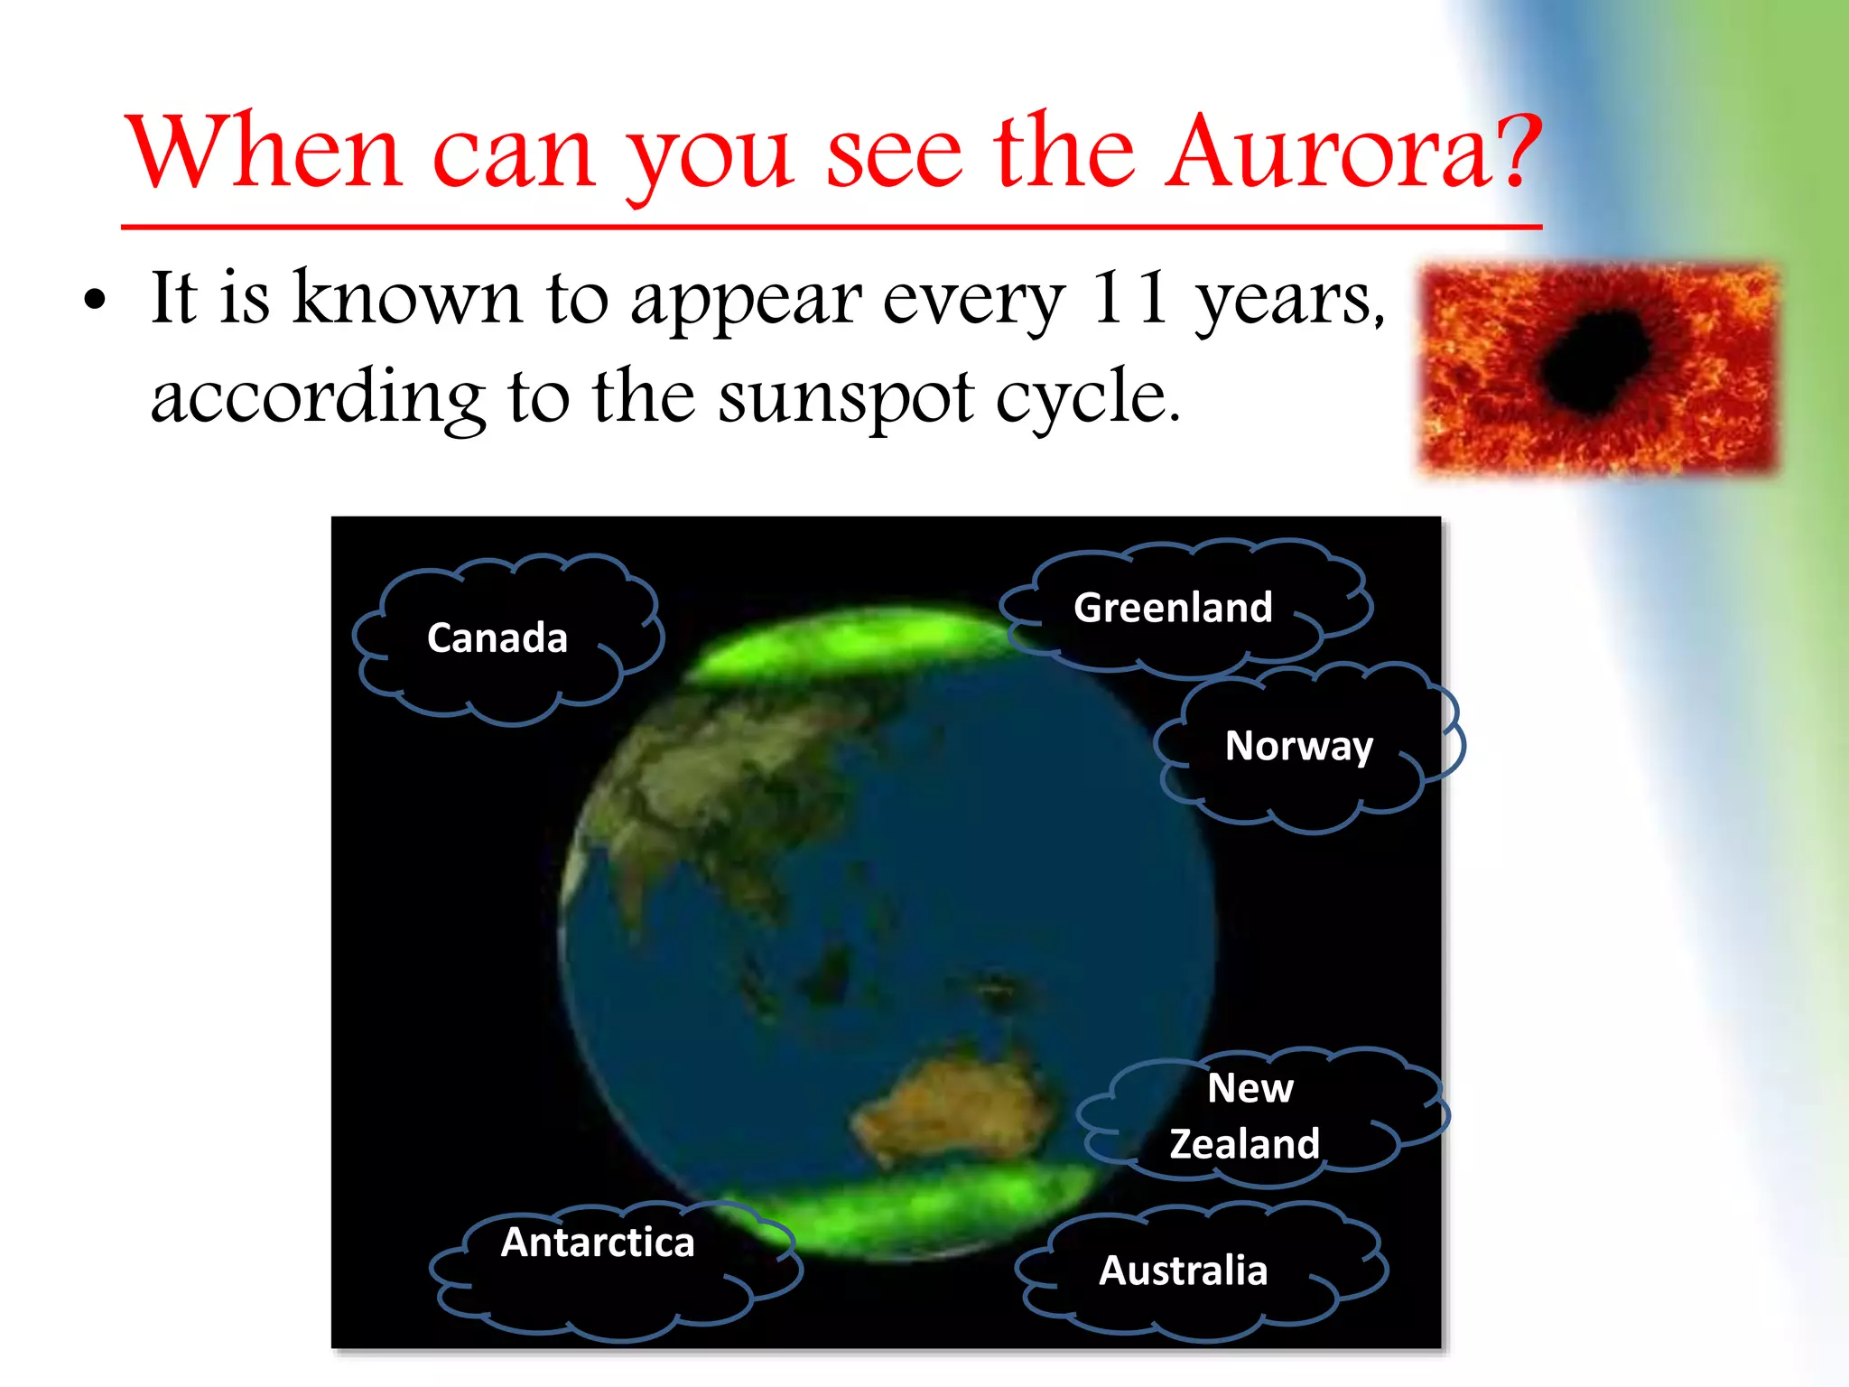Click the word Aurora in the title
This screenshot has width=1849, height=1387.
coord(1324,152)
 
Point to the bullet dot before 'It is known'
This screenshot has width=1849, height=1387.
coord(95,301)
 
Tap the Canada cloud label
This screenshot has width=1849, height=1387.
coord(497,638)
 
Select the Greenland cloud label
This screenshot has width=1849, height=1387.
coord(1173,608)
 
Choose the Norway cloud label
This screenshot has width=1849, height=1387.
coord(1298,747)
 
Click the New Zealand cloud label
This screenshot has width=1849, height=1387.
coord(1246,1116)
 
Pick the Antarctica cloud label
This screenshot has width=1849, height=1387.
coord(598,1243)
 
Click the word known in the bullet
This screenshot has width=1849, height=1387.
coord(407,298)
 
